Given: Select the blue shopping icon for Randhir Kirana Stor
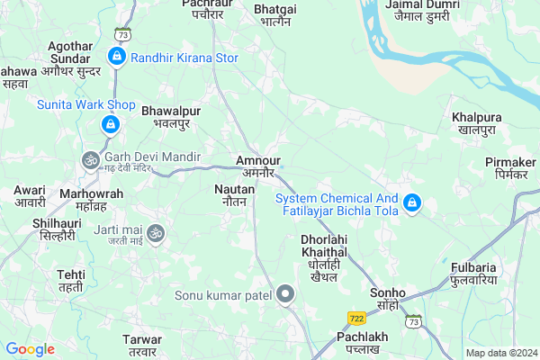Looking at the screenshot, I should [116, 58].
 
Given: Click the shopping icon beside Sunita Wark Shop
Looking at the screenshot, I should [110, 123].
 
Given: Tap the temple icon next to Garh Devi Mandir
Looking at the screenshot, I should [90, 160].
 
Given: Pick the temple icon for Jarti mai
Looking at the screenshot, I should [156, 233].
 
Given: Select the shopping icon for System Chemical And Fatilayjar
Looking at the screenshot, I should [411, 204].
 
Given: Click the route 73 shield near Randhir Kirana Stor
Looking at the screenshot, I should [123, 34].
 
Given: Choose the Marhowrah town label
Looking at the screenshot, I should [90, 199].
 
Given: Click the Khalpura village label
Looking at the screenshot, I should [477, 124].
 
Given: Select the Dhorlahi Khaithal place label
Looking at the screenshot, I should [325, 258].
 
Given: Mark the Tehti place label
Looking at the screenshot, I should [70, 280].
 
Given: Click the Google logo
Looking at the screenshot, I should [30, 349].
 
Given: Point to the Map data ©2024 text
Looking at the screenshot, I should [501, 353].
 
